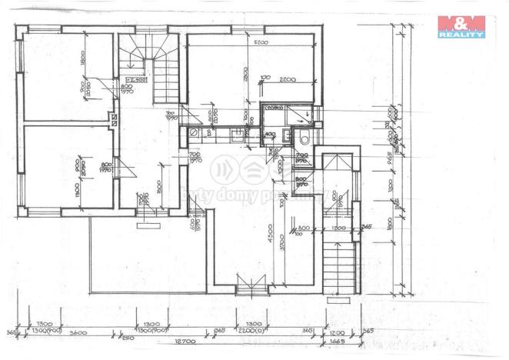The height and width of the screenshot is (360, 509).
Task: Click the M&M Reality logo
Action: pos(461,28)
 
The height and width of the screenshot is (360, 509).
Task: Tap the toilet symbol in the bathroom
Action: pos(304,138)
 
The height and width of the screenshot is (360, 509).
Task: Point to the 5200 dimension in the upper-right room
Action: pos(261,42)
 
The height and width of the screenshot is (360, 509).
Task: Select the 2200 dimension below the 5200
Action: pos(288,80)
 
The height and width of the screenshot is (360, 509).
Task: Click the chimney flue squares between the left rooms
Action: pos(114,119)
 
